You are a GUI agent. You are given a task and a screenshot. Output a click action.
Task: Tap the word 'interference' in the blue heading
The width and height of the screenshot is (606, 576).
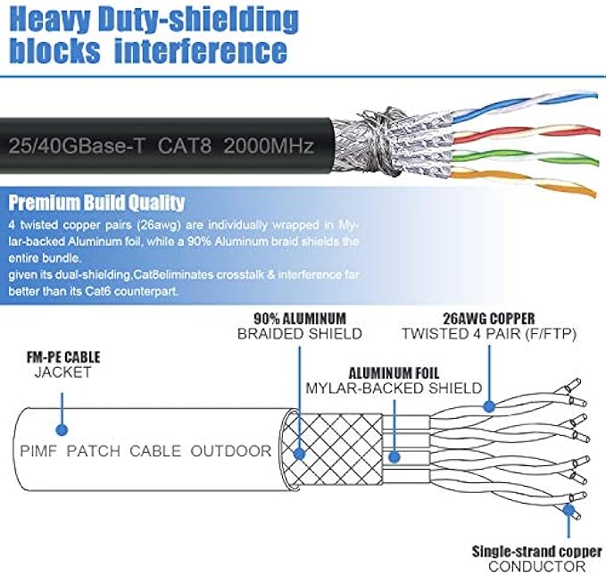coord(199,50)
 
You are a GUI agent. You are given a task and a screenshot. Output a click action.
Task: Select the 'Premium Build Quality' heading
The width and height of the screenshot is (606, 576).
coord(95,203)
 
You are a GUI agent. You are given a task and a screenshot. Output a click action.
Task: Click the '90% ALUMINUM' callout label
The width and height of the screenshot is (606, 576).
coord(299,318)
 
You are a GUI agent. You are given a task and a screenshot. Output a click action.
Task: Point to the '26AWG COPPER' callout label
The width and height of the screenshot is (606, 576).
coord(489,318)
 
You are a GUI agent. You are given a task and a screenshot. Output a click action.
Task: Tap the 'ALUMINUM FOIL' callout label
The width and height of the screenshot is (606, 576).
coord(394,373)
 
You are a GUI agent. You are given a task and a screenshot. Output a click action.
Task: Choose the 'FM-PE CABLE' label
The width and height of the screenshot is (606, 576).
coord(62,357)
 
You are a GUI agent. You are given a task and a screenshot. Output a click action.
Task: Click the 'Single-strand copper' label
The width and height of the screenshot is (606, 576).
coord(536,550)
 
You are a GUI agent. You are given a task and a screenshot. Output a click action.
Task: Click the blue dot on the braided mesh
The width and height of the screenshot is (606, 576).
coord(299,454)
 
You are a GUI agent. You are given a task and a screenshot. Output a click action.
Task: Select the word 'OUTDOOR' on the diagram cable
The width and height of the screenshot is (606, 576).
coord(230,451)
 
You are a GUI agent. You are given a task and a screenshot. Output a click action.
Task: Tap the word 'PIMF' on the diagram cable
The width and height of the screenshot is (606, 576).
coord(43,451)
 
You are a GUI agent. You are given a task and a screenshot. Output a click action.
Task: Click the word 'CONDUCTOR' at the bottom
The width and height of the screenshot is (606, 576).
coord(536,566)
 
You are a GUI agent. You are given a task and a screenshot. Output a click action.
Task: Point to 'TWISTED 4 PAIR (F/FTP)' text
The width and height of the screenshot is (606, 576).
coord(489,334)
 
